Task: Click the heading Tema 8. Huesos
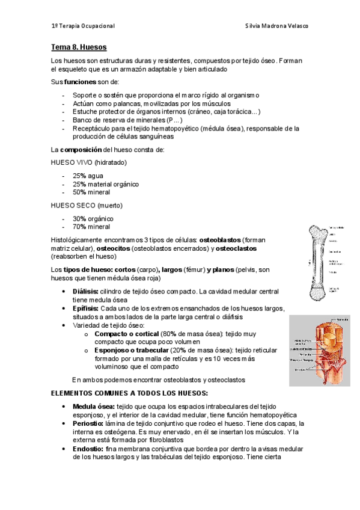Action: click(79, 46)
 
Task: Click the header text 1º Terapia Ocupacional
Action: click(83, 26)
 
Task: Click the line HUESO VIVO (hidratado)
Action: click(88, 162)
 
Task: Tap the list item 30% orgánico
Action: click(93, 218)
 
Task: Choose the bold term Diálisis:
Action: click(89, 291)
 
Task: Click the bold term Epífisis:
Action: click(89, 308)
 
